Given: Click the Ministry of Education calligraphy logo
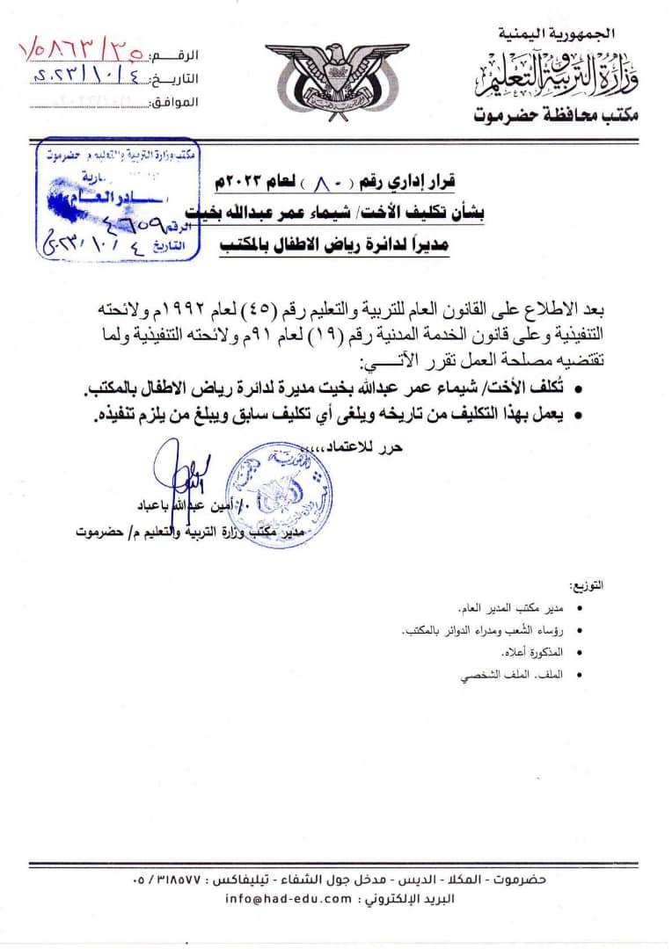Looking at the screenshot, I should coord(564,76).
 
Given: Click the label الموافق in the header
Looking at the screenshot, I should coord(179,103).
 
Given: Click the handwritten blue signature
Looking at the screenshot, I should coord(188,470).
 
